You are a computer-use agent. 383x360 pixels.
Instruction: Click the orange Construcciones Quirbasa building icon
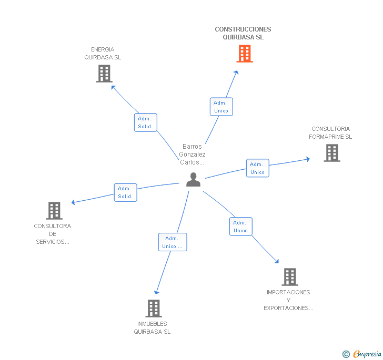(x=245, y=54)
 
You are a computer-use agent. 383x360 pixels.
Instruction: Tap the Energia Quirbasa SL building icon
(x=104, y=74)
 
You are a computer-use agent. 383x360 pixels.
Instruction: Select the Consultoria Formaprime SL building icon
(x=331, y=152)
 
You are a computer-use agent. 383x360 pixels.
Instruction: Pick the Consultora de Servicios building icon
(x=54, y=211)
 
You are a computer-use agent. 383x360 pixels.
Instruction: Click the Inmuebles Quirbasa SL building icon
(x=153, y=308)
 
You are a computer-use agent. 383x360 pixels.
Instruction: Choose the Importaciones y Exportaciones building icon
(x=289, y=276)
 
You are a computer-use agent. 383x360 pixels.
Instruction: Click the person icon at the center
(x=194, y=180)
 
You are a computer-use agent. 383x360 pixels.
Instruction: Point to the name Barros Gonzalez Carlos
(x=192, y=155)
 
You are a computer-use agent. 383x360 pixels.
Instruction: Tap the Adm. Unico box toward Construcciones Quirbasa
(x=221, y=107)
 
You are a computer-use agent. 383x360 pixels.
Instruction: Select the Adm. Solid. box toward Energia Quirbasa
(x=145, y=122)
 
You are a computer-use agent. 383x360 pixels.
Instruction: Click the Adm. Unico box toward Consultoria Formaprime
(x=257, y=168)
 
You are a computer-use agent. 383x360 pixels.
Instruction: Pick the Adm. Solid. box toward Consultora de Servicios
(x=125, y=192)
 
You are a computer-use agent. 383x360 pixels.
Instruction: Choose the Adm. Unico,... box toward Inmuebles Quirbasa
(x=173, y=242)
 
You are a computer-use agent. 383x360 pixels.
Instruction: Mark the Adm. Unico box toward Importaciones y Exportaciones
(x=240, y=227)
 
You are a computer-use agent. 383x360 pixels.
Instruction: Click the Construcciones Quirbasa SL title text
(x=243, y=33)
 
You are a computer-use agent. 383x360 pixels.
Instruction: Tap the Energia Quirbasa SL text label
(x=103, y=54)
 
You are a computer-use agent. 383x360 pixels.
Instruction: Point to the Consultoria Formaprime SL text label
(x=330, y=133)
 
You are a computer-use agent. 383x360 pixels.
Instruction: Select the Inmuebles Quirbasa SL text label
(x=152, y=328)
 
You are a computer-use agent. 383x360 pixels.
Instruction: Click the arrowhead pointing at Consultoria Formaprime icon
(x=308, y=158)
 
